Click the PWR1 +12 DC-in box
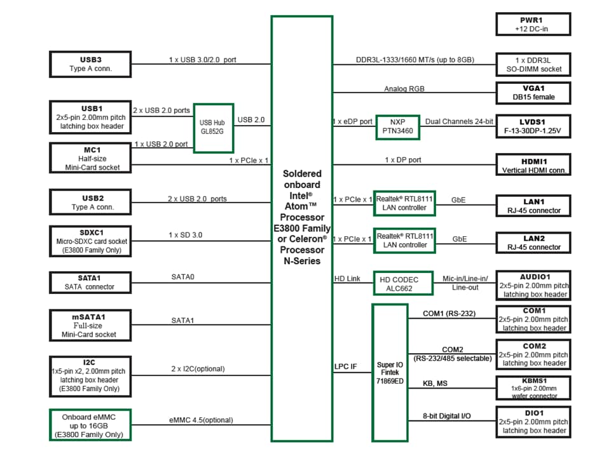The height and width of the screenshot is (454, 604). click(533, 24)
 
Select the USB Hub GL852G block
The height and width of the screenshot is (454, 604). click(214, 128)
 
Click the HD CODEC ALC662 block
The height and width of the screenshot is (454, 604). click(403, 283)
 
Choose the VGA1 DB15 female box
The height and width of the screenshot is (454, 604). click(533, 93)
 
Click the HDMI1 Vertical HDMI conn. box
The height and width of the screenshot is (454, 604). click(533, 166)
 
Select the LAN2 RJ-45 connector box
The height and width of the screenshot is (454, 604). click(533, 243)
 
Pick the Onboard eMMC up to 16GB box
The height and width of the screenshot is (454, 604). click(90, 425)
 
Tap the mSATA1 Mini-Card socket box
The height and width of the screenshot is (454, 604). click(90, 325)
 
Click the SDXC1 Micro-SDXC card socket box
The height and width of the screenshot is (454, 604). click(90, 241)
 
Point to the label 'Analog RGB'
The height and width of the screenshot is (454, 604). click(404, 89)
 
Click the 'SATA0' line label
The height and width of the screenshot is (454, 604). click(182, 277)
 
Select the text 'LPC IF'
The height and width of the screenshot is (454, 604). click(345, 366)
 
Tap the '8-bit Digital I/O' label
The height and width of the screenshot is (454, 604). click(448, 417)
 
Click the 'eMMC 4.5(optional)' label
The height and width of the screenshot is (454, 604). click(201, 420)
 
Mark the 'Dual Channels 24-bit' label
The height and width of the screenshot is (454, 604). click(459, 121)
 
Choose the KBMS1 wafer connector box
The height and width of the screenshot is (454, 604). click(533, 387)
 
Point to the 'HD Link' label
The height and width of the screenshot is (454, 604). click(347, 279)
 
